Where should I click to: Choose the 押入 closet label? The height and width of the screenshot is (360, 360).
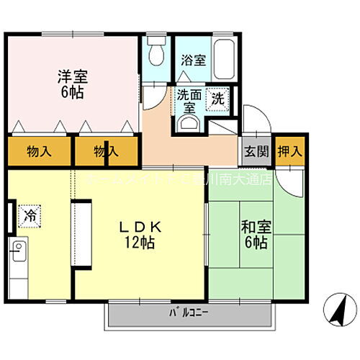(291, 151)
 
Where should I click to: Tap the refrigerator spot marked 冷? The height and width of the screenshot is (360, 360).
(30, 214)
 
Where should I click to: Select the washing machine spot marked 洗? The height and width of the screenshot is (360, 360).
(217, 99)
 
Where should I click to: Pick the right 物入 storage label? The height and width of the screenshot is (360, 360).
(105, 151)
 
